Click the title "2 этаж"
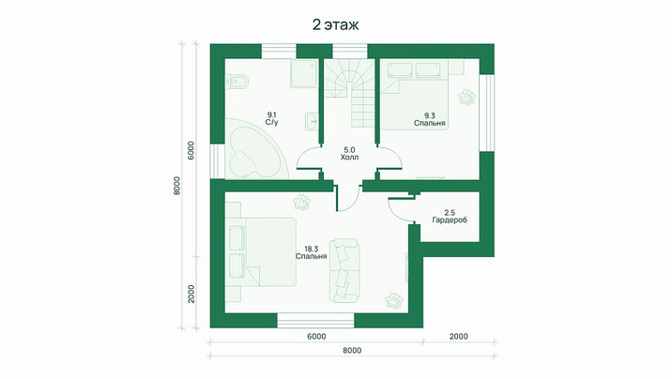[x=336, y=24]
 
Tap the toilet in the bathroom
[x=237, y=81]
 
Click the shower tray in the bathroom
[x=304, y=73]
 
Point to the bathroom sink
[x=312, y=121]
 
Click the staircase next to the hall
[x=349, y=93]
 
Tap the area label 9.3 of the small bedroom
[x=430, y=115]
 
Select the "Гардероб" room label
[x=450, y=220]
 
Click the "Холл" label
[x=349, y=158]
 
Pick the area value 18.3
[x=312, y=249]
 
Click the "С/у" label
[x=272, y=123]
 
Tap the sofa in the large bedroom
[x=344, y=271]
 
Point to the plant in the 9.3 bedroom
[x=466, y=98]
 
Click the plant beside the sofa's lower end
[x=393, y=300]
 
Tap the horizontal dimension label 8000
[x=352, y=350]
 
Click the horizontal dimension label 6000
[x=316, y=337]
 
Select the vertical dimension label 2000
[x=191, y=294]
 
